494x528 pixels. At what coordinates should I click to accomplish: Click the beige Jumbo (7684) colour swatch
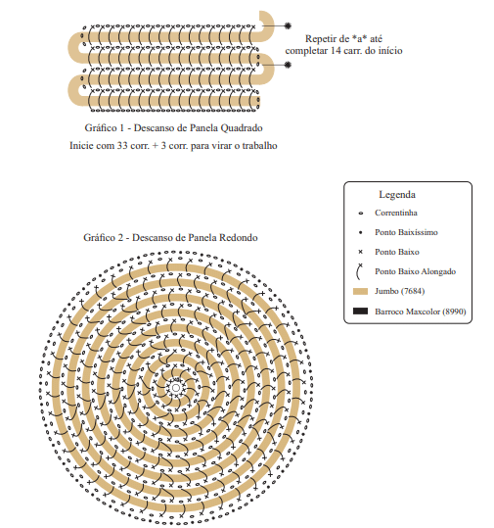pos(360,291)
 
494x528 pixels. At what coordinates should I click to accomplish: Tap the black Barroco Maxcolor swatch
pos(360,312)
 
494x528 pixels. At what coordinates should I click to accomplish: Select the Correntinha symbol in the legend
pos(361,214)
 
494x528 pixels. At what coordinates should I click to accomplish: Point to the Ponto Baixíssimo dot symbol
pos(361,232)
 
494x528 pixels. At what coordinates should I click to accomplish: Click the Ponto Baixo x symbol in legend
pos(361,252)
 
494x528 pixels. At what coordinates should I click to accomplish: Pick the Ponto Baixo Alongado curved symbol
pos(359,271)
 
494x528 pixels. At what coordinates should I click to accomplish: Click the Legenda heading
pos(397,195)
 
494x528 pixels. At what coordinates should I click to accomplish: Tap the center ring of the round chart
pos(175,388)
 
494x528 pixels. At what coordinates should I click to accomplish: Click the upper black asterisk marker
pos(288,25)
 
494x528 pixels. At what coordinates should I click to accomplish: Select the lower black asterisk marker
pos(288,65)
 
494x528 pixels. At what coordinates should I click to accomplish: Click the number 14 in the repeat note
pos(336,51)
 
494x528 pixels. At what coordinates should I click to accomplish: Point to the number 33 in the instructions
pos(121,146)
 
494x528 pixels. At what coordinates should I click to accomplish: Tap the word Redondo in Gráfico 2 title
pos(239,238)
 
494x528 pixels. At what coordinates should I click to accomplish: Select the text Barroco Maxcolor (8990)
pos(421,312)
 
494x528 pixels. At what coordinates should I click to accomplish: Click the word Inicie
pos(80,146)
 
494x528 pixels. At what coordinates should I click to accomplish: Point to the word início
pos(390,51)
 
